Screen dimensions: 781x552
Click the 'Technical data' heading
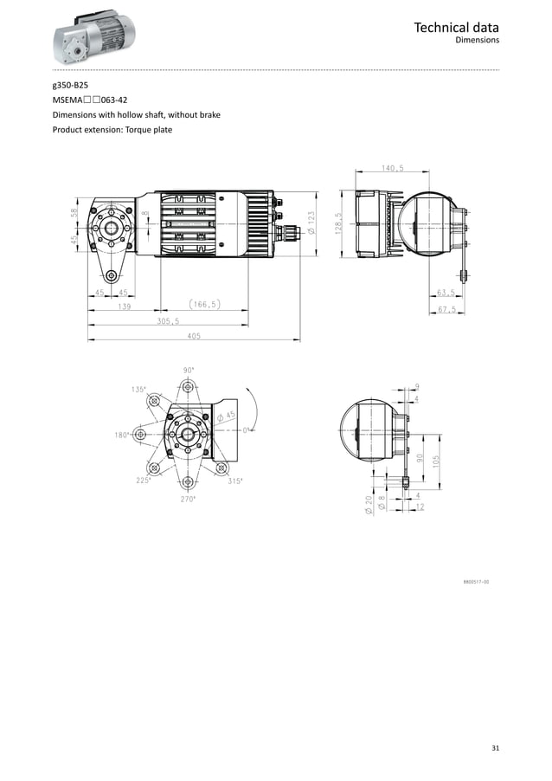(456, 28)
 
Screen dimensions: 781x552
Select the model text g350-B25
(70, 86)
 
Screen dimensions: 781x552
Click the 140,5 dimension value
(392, 169)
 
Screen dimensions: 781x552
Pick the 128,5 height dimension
(340, 223)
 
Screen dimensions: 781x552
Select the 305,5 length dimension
(168, 320)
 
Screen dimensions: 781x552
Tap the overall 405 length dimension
(193, 336)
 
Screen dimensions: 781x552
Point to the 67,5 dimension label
(446, 308)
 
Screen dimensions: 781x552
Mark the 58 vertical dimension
(75, 212)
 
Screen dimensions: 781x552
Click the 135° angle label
(139, 390)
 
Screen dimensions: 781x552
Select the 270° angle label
(188, 499)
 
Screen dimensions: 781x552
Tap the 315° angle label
(235, 481)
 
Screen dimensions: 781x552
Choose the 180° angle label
(121, 435)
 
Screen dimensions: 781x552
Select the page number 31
(494, 748)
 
